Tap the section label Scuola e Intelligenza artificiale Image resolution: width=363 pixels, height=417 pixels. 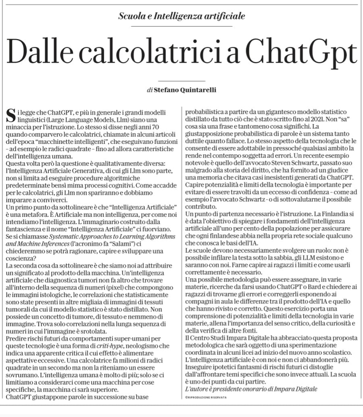181,16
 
